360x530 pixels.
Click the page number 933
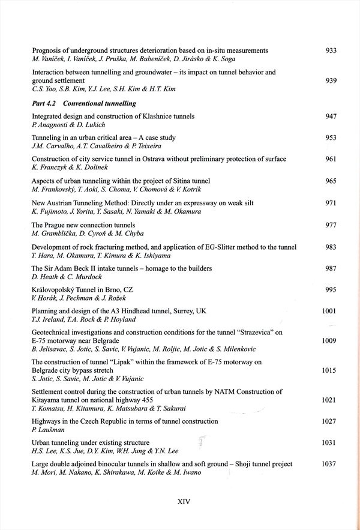coord(331,50)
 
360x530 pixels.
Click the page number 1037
coord(328,464)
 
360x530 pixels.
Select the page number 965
coord(331,181)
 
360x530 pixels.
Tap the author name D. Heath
coord(45,277)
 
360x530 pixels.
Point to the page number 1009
coord(328,340)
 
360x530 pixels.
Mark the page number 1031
coord(328,442)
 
